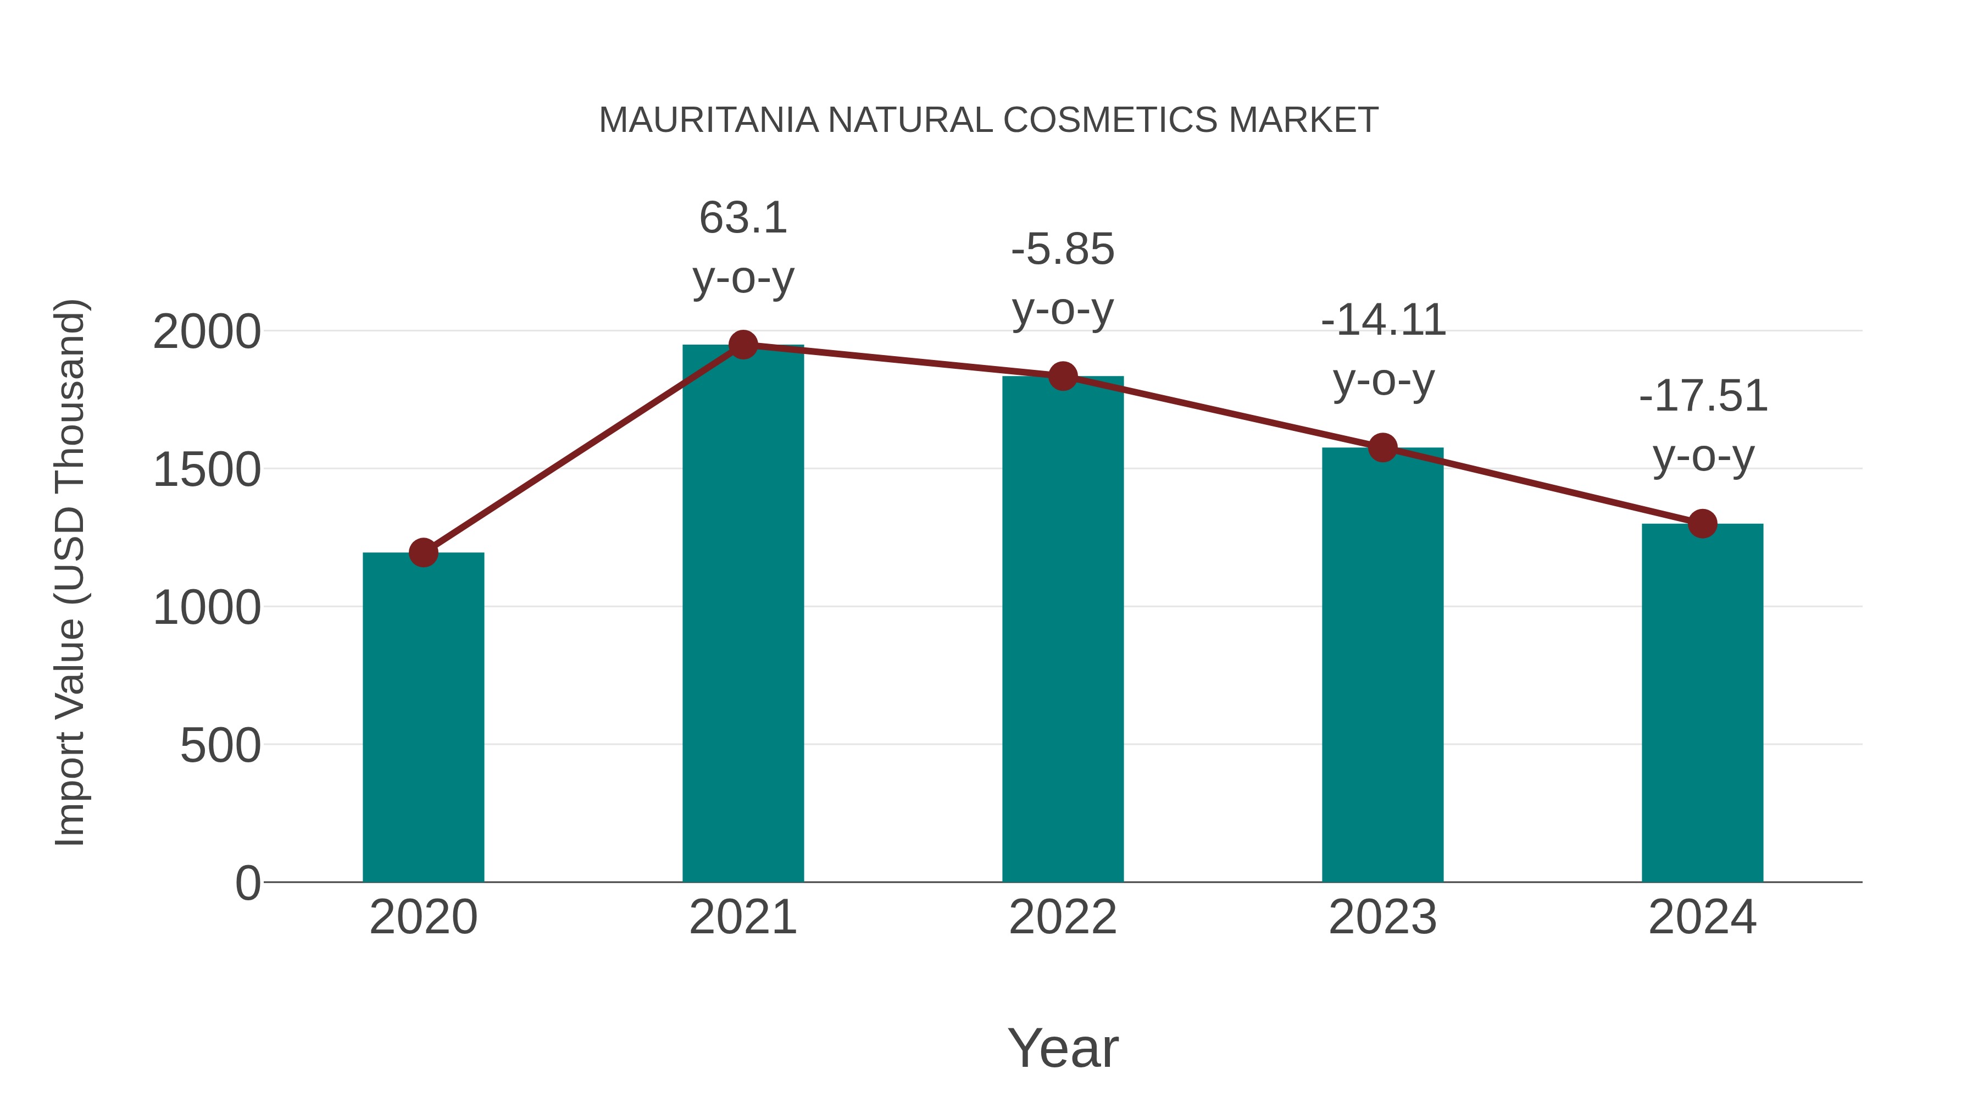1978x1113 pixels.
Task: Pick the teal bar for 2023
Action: pyautogui.click(x=1382, y=665)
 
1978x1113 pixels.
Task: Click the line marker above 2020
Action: pyautogui.click(x=423, y=552)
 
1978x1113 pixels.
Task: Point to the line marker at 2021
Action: pyautogui.click(x=742, y=345)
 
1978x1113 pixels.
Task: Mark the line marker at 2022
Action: pyautogui.click(x=1063, y=376)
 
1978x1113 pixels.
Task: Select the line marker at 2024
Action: pyautogui.click(x=1702, y=524)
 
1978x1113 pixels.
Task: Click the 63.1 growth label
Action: pyautogui.click(x=742, y=218)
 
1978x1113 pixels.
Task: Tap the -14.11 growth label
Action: pyautogui.click(x=1383, y=320)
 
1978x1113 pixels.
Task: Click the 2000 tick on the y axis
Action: pyautogui.click(x=207, y=333)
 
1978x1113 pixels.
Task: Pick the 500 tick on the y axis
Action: pyautogui.click(x=220, y=746)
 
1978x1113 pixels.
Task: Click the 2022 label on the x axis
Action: pyautogui.click(x=1063, y=917)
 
